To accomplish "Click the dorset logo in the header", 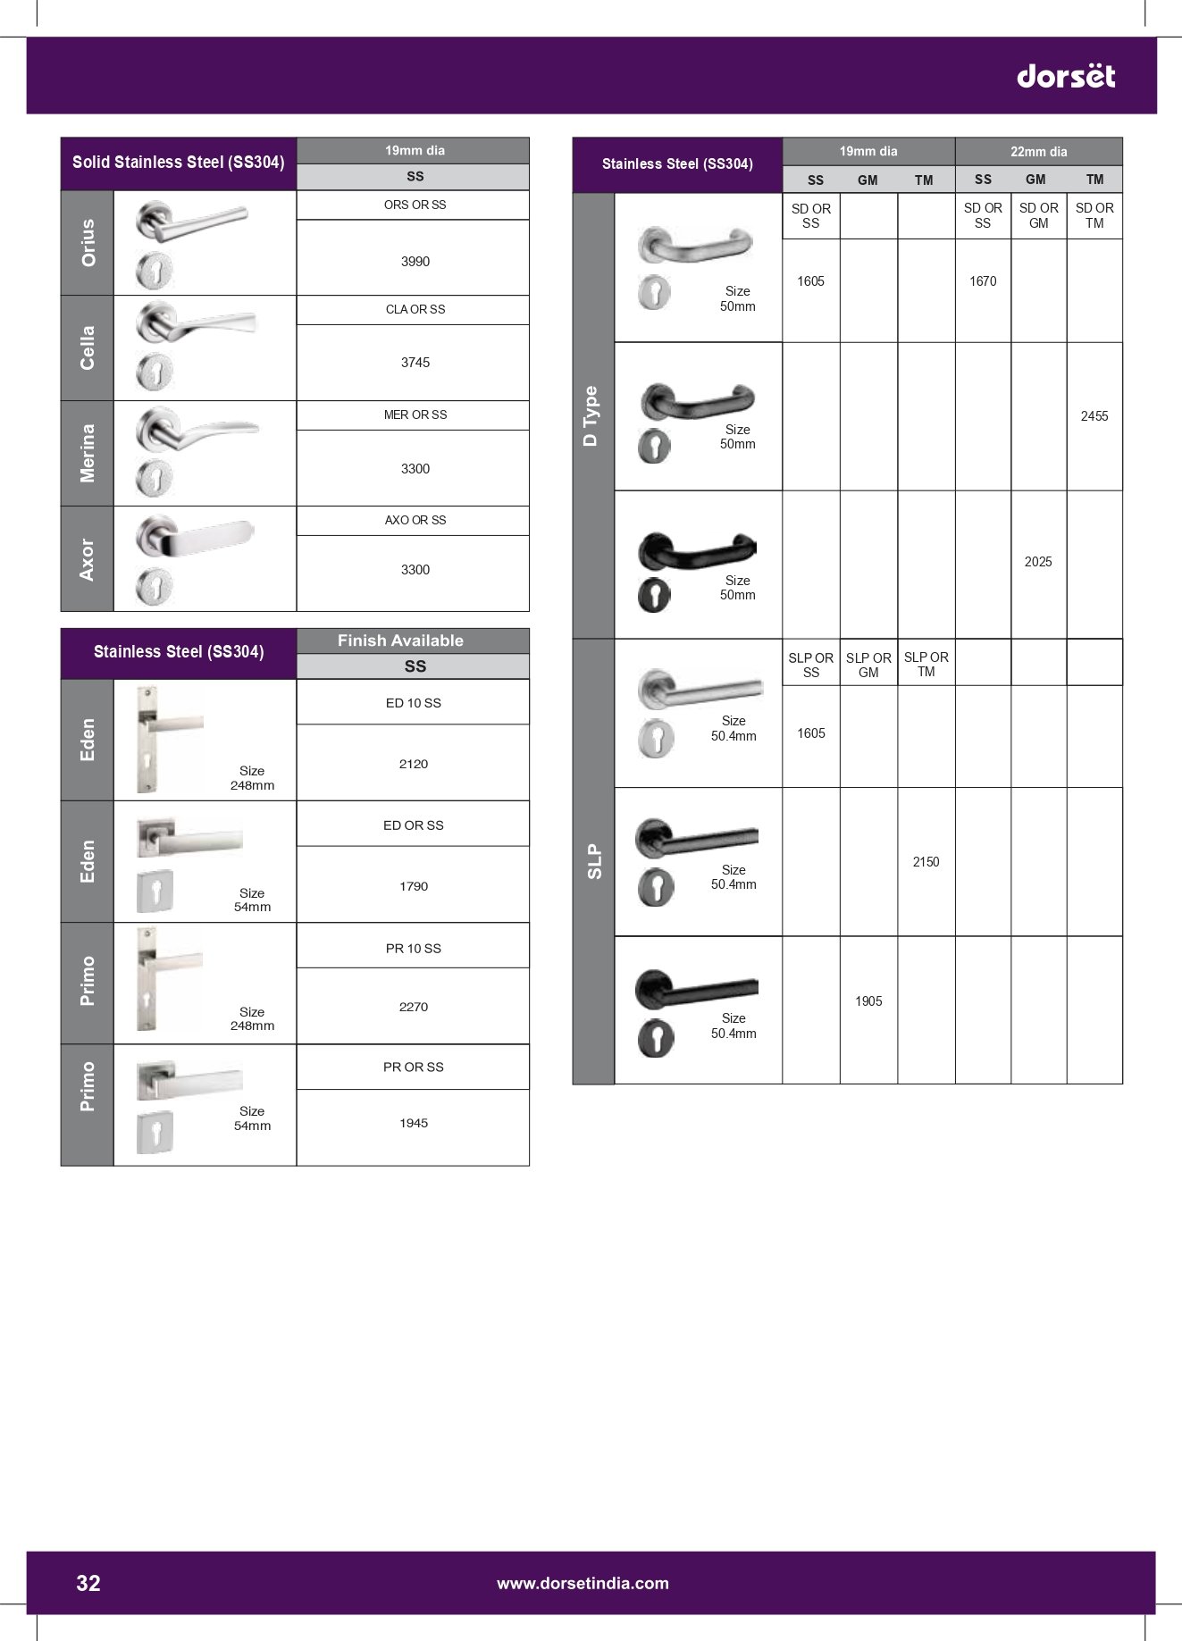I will tap(1065, 76).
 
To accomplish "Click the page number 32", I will tap(88, 1583).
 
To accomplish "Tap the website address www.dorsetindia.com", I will tap(583, 1583).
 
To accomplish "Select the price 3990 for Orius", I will tap(415, 262).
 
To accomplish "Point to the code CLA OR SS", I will tap(415, 309).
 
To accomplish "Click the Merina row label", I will tap(88, 453).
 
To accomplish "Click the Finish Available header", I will tap(400, 640).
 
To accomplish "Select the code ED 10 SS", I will tap(413, 703).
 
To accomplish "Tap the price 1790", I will tap(413, 886).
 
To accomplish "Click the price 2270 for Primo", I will tap(413, 1007).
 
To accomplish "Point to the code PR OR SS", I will tap(413, 1067).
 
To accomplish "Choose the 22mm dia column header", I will tap(1038, 152).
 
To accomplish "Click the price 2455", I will tap(1094, 416).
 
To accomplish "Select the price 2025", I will tap(1037, 562).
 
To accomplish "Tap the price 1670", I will tap(982, 281).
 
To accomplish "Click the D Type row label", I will tap(591, 415).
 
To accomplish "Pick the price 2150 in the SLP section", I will tap(926, 862).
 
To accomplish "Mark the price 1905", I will tap(868, 1001).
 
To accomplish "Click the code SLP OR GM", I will tap(868, 665).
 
